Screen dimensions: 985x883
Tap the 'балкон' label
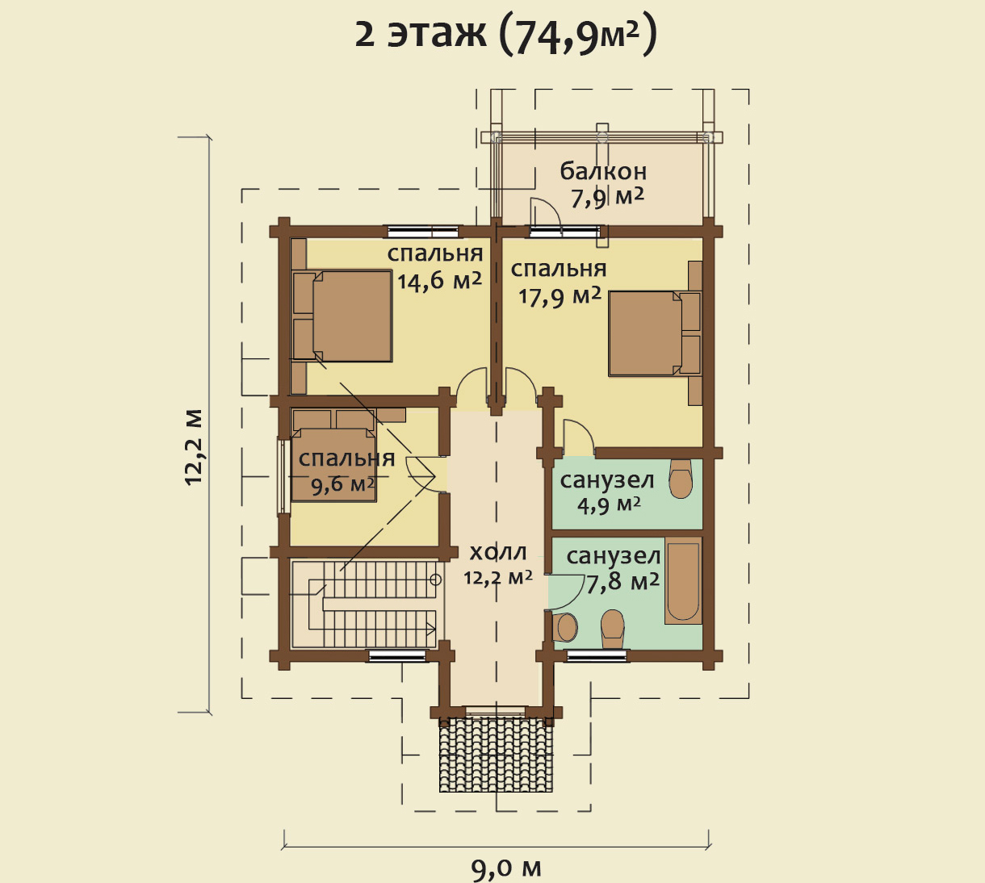click(603, 171)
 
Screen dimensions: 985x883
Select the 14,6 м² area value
click(440, 280)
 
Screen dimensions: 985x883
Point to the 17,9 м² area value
click(560, 296)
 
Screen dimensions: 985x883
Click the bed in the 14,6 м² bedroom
click(343, 316)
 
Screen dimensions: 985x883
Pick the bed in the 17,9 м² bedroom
click(655, 333)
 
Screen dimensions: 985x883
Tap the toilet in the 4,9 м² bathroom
click(680, 478)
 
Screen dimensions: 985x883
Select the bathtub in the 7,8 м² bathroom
click(683, 580)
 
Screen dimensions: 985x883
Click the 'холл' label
click(498, 552)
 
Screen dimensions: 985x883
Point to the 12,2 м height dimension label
click(194, 447)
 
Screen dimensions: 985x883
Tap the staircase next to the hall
click(367, 604)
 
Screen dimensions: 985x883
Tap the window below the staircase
click(397, 656)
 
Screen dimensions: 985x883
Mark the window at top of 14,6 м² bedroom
click(424, 231)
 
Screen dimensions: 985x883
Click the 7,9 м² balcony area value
click(607, 197)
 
